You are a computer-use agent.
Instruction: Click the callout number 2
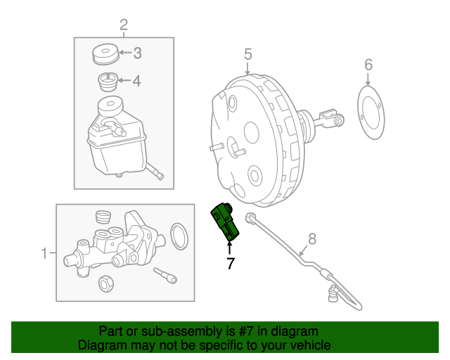(x=124, y=27)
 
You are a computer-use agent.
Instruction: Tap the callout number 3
(x=137, y=53)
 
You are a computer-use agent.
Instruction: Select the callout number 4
(x=137, y=81)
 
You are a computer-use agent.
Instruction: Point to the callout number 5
(x=247, y=53)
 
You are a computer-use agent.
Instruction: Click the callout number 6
(x=368, y=65)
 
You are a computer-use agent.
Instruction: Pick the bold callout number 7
(x=229, y=264)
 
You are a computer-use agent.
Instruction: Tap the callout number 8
(x=312, y=238)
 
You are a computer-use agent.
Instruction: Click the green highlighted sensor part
(x=226, y=221)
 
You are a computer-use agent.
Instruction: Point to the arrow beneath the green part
(x=229, y=247)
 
